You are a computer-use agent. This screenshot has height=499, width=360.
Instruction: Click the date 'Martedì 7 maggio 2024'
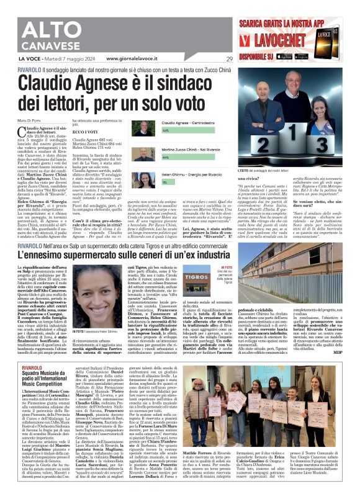click(x=70, y=59)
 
